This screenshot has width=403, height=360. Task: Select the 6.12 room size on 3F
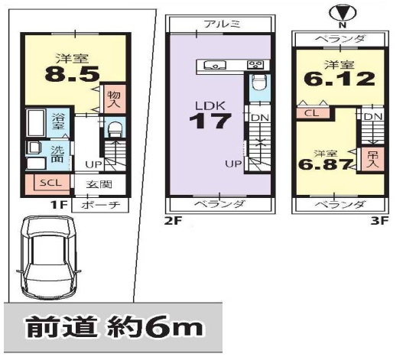pos(340,79)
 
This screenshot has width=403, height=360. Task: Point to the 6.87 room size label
pos(324,163)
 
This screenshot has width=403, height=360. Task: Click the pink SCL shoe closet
pos(47,183)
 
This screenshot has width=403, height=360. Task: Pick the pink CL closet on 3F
pos(310,113)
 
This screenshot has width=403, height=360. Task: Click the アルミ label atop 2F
pos(220,24)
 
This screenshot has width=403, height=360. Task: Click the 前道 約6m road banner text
pos(115,328)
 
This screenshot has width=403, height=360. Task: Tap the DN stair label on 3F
pos(372,115)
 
